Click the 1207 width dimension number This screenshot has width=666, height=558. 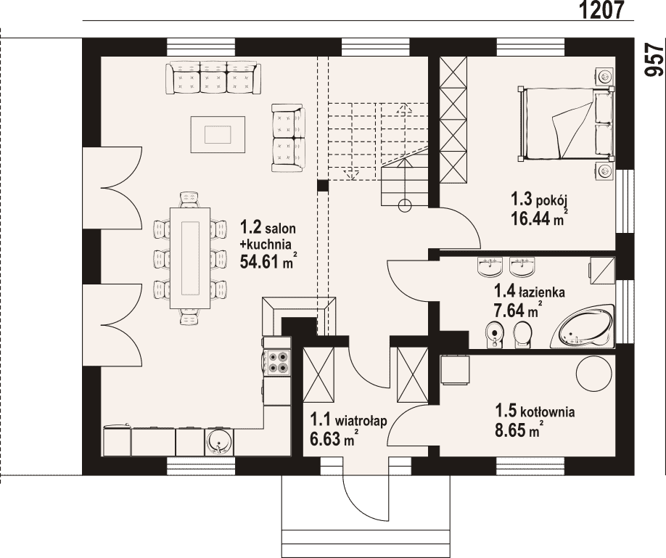coord(601,9)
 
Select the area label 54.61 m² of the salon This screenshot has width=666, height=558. coord(268,261)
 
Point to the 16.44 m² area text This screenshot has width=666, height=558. coord(540,217)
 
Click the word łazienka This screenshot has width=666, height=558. coord(541,292)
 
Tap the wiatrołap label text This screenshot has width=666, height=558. coord(361,421)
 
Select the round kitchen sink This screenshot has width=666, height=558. coord(219,442)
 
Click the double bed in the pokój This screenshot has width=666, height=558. coord(566,123)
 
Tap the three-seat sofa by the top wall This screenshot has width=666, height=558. coord(213,78)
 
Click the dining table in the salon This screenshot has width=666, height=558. coord(190,258)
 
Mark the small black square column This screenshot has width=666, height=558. coord(323,185)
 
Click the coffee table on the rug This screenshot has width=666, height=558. coord(218,134)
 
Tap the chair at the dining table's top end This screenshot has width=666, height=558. coord(189,200)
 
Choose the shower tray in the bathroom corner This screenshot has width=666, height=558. coord(602,269)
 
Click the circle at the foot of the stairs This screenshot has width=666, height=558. coord(406,205)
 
